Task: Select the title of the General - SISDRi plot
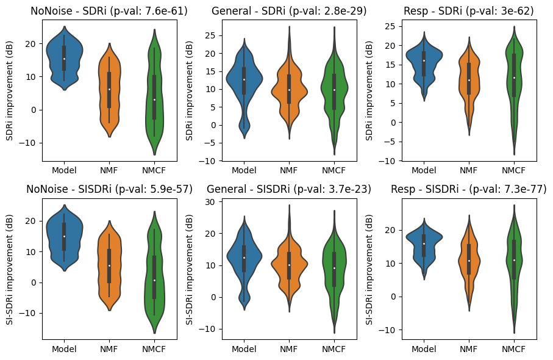point(289,189)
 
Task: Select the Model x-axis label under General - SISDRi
point(244,350)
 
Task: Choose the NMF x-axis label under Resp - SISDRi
point(468,350)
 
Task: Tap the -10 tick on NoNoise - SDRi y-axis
point(30,143)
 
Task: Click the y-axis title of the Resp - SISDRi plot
point(369,268)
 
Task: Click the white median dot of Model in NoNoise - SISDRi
point(64,236)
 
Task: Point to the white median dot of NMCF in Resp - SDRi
point(513,77)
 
